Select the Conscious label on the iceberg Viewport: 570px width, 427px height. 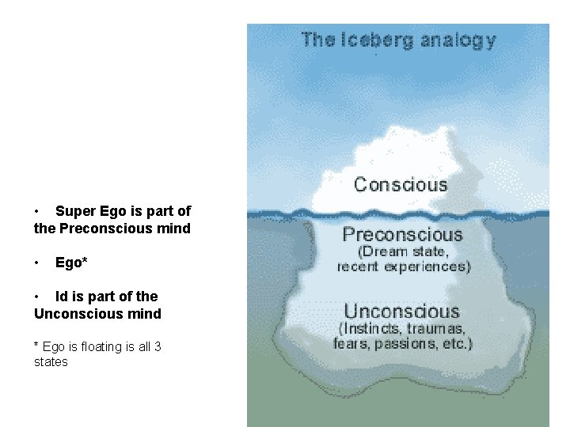coord(401,185)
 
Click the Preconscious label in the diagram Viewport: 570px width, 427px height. coord(402,235)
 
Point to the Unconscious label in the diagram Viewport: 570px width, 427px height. coord(401,312)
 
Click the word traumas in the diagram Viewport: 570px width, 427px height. coord(439,328)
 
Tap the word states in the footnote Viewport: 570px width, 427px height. coord(51,362)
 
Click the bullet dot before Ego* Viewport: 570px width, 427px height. coord(37,262)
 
